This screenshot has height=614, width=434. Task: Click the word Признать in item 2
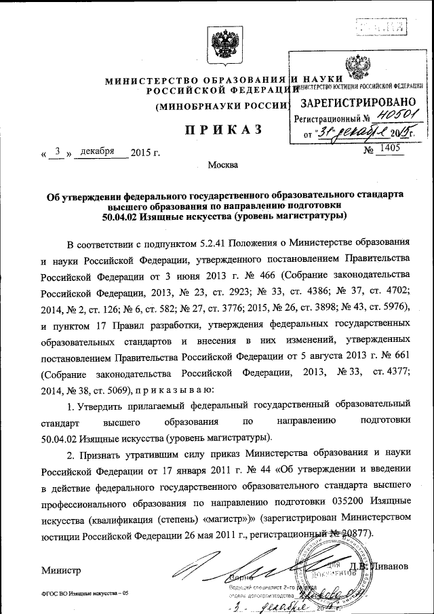102,453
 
